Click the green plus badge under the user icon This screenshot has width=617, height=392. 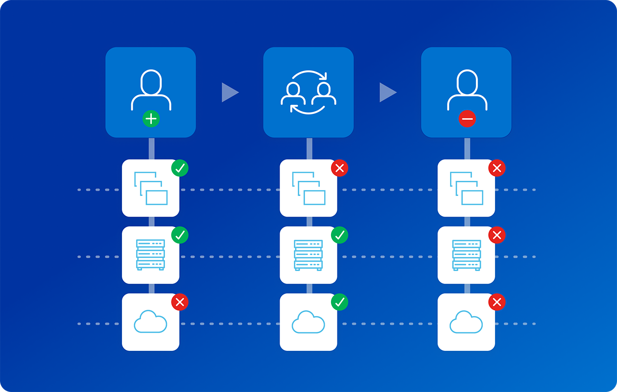click(151, 119)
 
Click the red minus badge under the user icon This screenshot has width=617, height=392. click(467, 119)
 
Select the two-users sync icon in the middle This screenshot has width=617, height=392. click(308, 93)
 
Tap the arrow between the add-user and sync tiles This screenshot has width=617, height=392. click(229, 93)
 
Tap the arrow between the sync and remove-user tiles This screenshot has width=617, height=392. click(387, 93)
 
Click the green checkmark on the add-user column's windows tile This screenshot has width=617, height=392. click(180, 168)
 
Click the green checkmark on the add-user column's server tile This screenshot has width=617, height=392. click(180, 235)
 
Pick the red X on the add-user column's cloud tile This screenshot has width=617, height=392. click(180, 302)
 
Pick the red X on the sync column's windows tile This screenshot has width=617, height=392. click(339, 168)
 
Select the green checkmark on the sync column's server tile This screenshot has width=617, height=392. click(339, 235)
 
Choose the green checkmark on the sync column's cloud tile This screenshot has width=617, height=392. click(339, 302)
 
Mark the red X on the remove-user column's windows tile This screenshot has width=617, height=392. click(497, 168)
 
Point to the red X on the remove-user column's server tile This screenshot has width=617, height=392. click(497, 235)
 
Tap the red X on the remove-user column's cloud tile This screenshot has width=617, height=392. click(497, 302)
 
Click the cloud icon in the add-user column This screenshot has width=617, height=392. click(150, 322)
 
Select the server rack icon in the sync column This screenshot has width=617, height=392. click(308, 255)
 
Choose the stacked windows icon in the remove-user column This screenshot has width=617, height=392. click(466, 188)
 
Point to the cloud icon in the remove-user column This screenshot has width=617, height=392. click(466, 322)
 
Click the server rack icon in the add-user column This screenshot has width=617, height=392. click(150, 255)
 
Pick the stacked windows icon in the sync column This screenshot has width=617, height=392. click(308, 188)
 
